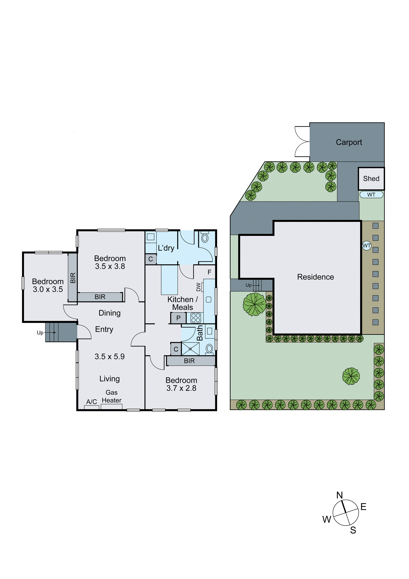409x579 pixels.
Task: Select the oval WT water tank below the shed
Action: click(x=371, y=195)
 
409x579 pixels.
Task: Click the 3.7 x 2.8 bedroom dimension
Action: click(x=181, y=388)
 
